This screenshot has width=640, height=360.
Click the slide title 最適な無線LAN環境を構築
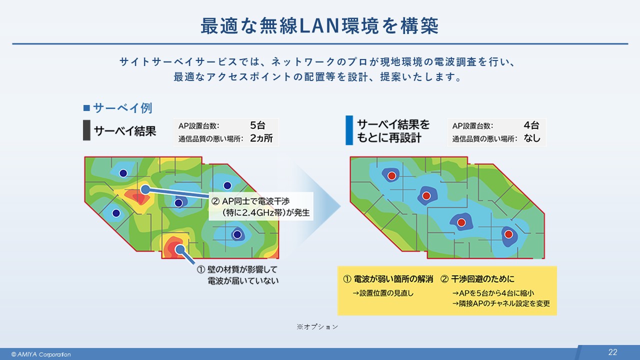pos(319,26)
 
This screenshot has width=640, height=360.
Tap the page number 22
pos(612,352)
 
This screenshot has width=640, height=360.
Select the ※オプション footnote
pos(317,326)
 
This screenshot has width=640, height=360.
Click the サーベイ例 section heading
pos(122,108)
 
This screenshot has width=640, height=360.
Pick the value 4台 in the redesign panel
pos(531,125)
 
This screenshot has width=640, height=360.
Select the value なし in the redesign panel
pos(532,138)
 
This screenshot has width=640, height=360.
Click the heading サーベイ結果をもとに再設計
pos(393,131)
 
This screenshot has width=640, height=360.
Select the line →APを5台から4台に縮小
pos(494,293)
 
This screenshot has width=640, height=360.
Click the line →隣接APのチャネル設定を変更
pos(500,303)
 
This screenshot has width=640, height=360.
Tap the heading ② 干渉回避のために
pos(477,278)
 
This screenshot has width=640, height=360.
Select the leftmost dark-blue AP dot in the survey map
pos(116,213)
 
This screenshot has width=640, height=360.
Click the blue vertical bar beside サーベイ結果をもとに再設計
pos(349,131)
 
